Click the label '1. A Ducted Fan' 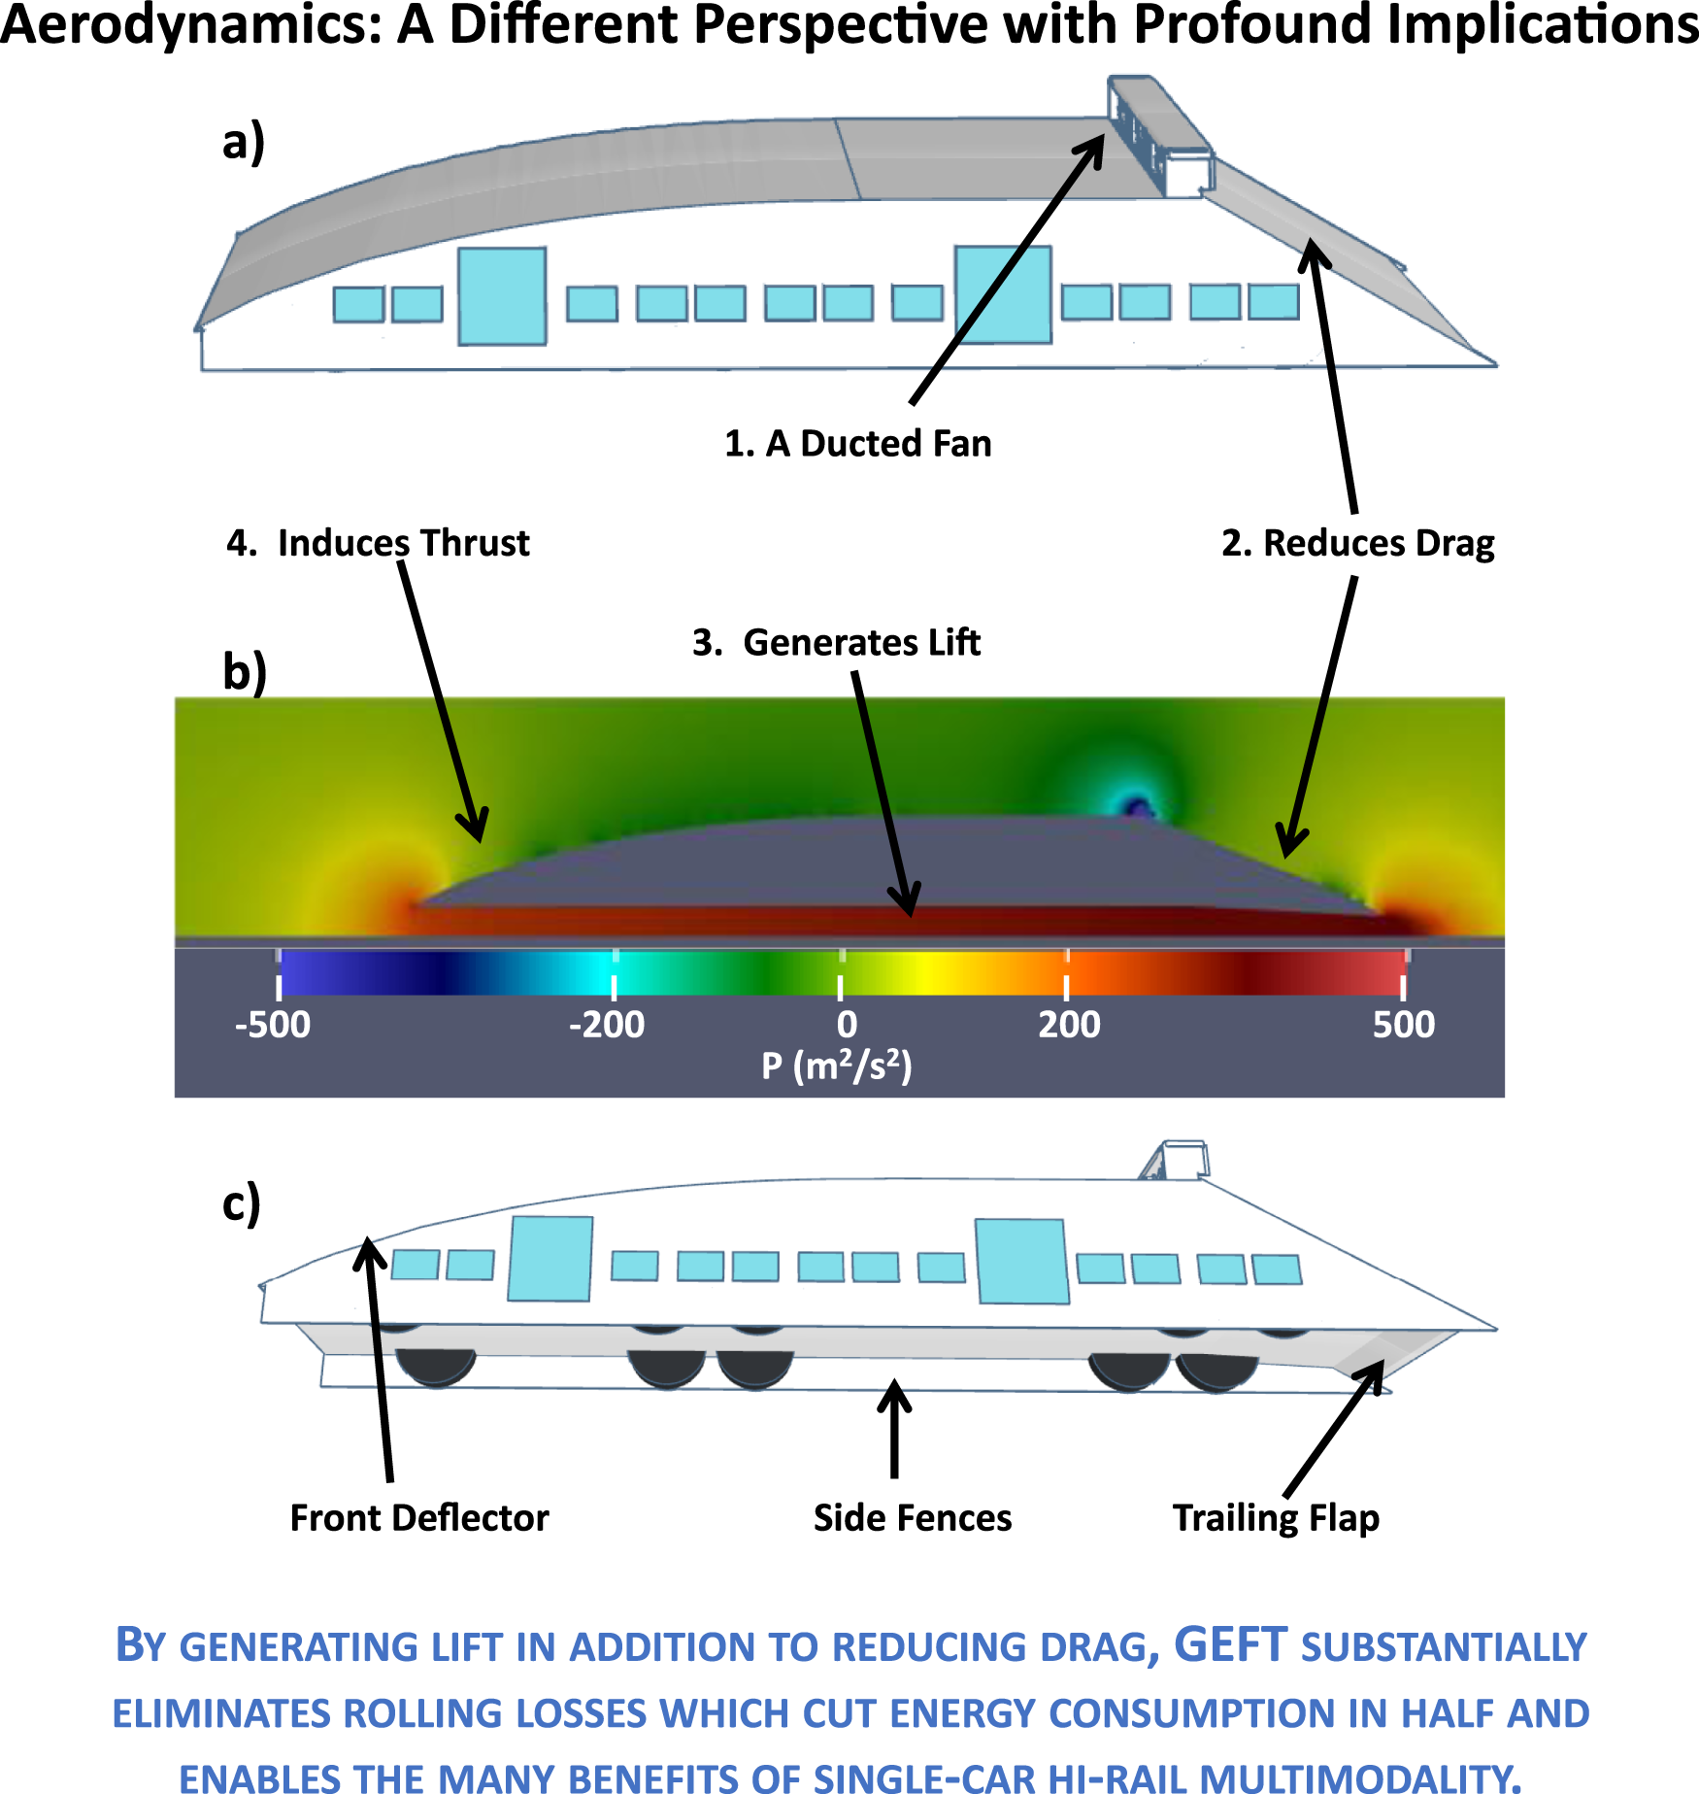858,443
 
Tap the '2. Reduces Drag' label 1357,542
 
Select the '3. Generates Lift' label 836,642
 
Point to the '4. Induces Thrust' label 378,542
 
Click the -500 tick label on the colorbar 273,1025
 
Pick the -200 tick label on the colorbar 607,1025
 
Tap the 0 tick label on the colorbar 847,1025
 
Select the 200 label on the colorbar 1069,1025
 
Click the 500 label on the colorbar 1403,1025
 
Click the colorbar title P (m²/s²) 836,1066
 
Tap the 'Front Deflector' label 419,1517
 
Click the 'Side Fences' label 912,1517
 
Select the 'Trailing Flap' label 1276,1517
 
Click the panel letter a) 243,142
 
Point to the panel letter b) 245,672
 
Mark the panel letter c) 241,1203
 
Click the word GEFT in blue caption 1230,1645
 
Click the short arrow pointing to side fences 894,1428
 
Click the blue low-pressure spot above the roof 1136,805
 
